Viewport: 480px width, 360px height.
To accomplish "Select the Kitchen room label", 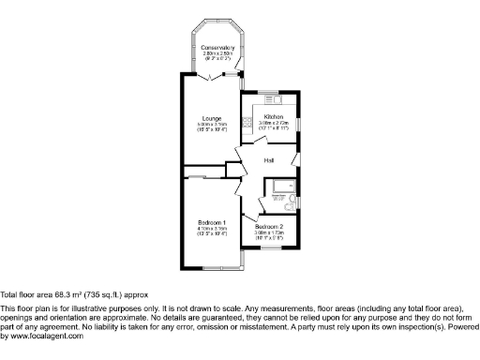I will coord(273,117).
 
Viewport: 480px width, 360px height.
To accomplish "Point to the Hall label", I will coord(268,160).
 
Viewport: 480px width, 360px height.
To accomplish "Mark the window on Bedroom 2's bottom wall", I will coord(272,248).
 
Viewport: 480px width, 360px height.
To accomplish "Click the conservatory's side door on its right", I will coord(243,74).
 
